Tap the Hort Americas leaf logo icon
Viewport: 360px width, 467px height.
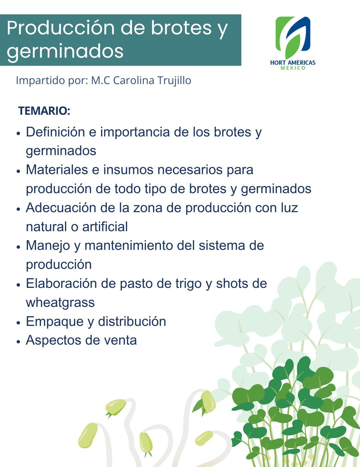(x=293, y=37)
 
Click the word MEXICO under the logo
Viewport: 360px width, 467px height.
(x=293, y=68)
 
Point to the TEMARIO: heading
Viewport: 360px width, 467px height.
(x=44, y=111)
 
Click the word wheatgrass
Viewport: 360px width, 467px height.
(x=60, y=303)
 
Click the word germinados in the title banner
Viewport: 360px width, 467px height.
(x=65, y=52)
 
